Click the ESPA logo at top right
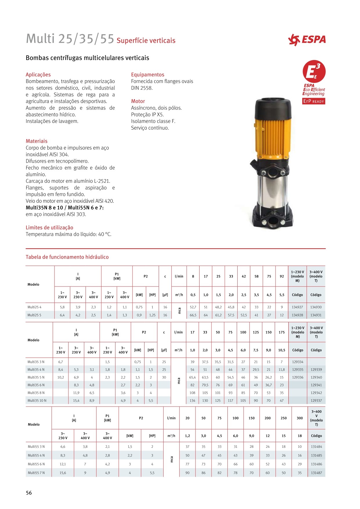(x=307, y=40)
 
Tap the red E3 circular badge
(x=314, y=71)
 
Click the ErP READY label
(x=313, y=101)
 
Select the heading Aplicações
(x=38, y=75)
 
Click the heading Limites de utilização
(x=49, y=228)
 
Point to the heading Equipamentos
(x=147, y=75)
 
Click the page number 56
(x=29, y=493)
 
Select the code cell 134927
(x=297, y=307)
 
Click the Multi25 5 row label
(x=35, y=315)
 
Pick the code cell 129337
(x=316, y=401)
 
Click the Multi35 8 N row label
(x=36, y=393)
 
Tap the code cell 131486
(x=316, y=464)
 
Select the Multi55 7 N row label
(x=36, y=473)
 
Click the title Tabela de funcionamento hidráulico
(x=67, y=257)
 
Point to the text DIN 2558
(x=142, y=88)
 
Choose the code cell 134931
(x=316, y=315)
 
